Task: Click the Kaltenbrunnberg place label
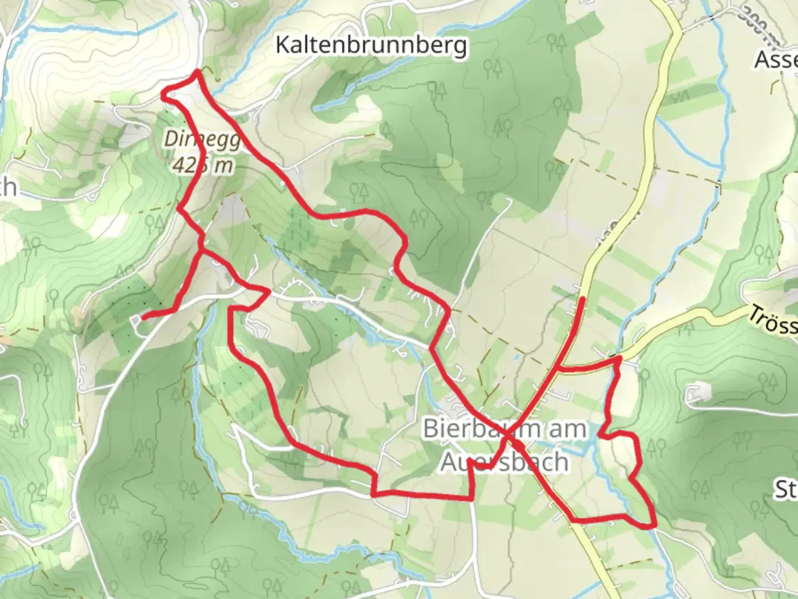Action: (371, 45)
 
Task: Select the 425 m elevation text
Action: (203, 164)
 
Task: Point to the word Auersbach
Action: (504, 461)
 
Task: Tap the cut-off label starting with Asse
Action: (776, 60)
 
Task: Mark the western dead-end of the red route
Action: (143, 318)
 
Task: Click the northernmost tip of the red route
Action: (197, 72)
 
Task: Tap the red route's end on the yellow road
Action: (582, 299)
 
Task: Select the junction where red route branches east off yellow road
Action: (557, 367)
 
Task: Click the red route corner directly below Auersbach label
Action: (472, 498)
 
